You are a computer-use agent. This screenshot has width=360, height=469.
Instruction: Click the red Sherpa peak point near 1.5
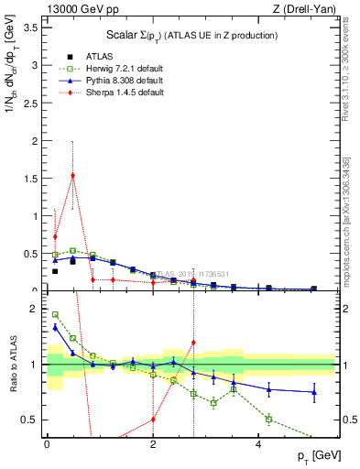[x=72, y=175]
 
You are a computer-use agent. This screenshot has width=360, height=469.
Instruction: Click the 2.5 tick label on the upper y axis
[x=30, y=103]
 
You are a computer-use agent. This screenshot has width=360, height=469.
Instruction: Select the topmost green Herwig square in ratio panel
[x=55, y=314]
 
